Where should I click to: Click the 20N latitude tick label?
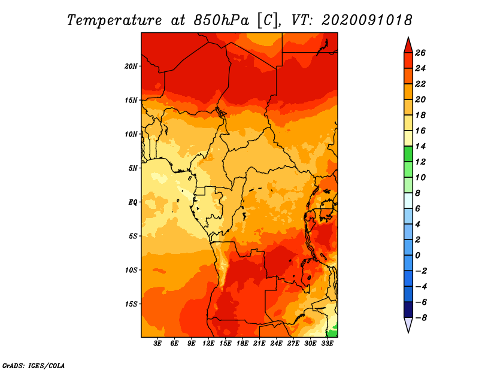(x=131, y=66)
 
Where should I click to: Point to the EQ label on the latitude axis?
(x=132, y=202)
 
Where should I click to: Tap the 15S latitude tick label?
(x=131, y=304)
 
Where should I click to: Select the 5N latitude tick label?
(x=132, y=168)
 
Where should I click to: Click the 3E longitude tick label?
(x=157, y=343)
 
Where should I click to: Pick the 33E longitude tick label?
(x=327, y=343)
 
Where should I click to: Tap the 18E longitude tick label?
(x=242, y=343)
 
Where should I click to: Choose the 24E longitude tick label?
(x=276, y=343)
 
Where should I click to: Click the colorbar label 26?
(x=420, y=53)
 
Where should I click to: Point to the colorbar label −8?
(x=421, y=318)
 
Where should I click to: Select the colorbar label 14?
(x=420, y=146)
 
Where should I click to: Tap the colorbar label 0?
(x=417, y=255)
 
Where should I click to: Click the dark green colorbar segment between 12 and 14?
(x=408, y=154)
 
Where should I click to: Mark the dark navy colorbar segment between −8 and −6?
(x=408, y=310)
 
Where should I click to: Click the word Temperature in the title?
(x=114, y=20)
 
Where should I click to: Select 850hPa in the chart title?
(x=221, y=20)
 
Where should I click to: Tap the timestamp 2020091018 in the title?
(x=366, y=20)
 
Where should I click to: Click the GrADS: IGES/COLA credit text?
(x=34, y=365)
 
